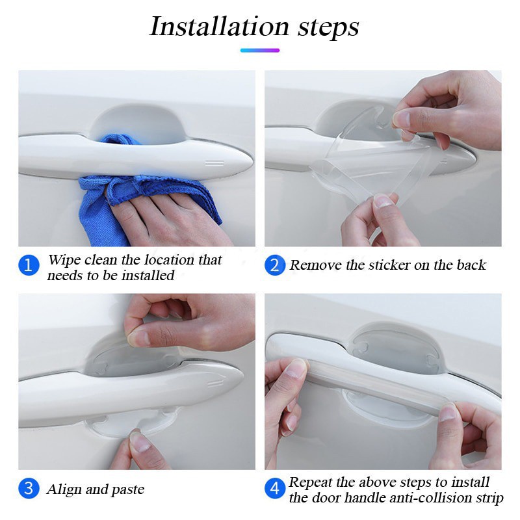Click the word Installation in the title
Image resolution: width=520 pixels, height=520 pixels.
pos(211,27)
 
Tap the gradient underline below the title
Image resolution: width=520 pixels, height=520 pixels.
pos(259,50)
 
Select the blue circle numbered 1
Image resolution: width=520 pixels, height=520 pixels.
pos(29,266)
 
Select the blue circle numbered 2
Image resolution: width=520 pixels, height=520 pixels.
pos(275,265)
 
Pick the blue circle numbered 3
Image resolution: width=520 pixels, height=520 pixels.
pos(29,489)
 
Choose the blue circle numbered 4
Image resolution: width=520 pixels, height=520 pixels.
pos(275,489)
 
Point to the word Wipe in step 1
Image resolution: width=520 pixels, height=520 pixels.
pos(64,260)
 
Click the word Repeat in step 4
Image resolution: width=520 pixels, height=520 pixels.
pos(313,482)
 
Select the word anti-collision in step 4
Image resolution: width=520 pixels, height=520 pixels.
pos(415,498)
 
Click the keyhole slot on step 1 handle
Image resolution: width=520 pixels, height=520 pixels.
pos(214,162)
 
